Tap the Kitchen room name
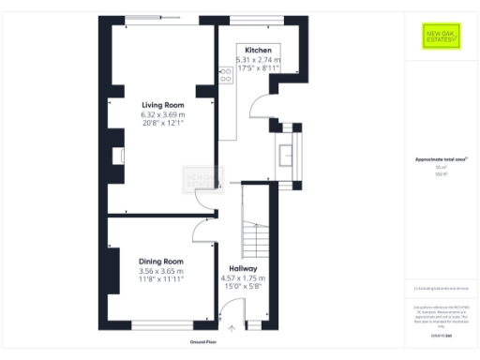pos(259,50)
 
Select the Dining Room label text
pos(161,261)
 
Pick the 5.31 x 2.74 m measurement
pos(259,59)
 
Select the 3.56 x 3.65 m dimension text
pos(161,270)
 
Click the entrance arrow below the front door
pos(232,328)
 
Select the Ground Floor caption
pos(204,342)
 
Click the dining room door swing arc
pos(200,231)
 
